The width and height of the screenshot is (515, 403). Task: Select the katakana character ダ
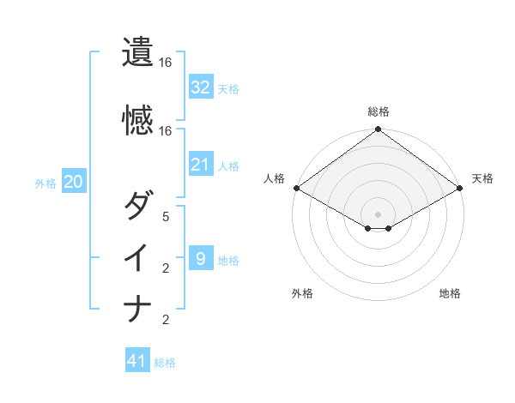(138, 207)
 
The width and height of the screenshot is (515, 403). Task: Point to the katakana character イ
(138, 258)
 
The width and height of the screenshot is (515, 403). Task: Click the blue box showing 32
(201, 87)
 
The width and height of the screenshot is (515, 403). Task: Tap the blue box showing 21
(201, 165)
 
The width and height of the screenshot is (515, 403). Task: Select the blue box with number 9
(201, 258)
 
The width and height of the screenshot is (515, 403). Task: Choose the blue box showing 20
(74, 182)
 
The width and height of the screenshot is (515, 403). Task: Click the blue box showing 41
(137, 361)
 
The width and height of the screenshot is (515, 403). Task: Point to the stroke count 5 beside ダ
(166, 217)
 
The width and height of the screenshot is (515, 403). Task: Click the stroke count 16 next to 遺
(166, 63)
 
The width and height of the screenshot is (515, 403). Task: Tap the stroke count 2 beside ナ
(166, 320)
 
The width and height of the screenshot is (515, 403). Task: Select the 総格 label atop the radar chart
(379, 111)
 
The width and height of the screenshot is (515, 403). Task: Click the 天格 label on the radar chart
(482, 178)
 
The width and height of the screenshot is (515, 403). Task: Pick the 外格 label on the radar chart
(302, 293)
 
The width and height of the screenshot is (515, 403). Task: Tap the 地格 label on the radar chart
(450, 293)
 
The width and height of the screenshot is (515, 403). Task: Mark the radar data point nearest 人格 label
(296, 188)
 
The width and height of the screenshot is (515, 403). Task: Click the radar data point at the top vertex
(378, 130)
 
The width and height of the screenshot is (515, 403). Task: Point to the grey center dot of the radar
(378, 213)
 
